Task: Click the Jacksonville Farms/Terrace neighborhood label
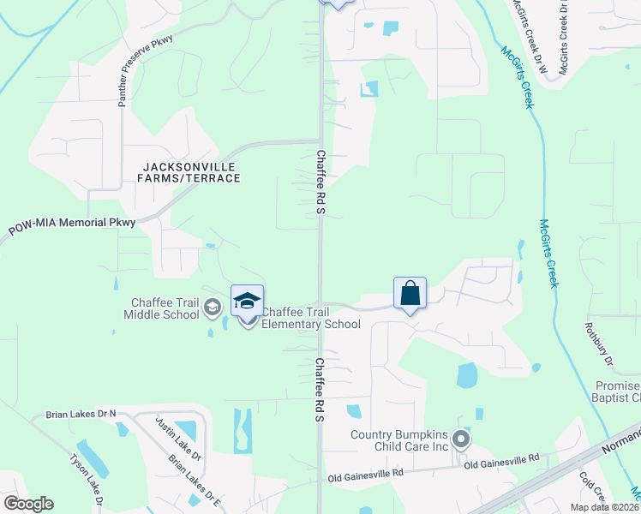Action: [x=191, y=172]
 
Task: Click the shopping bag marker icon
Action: [x=410, y=293]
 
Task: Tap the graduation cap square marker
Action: [x=247, y=302]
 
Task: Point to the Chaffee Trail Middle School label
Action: [x=163, y=308]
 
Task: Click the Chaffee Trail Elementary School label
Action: [x=310, y=318]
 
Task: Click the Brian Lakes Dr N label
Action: [x=83, y=415]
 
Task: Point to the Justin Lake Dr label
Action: [x=177, y=439]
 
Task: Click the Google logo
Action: [x=28, y=504]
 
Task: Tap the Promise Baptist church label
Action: [x=615, y=391]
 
